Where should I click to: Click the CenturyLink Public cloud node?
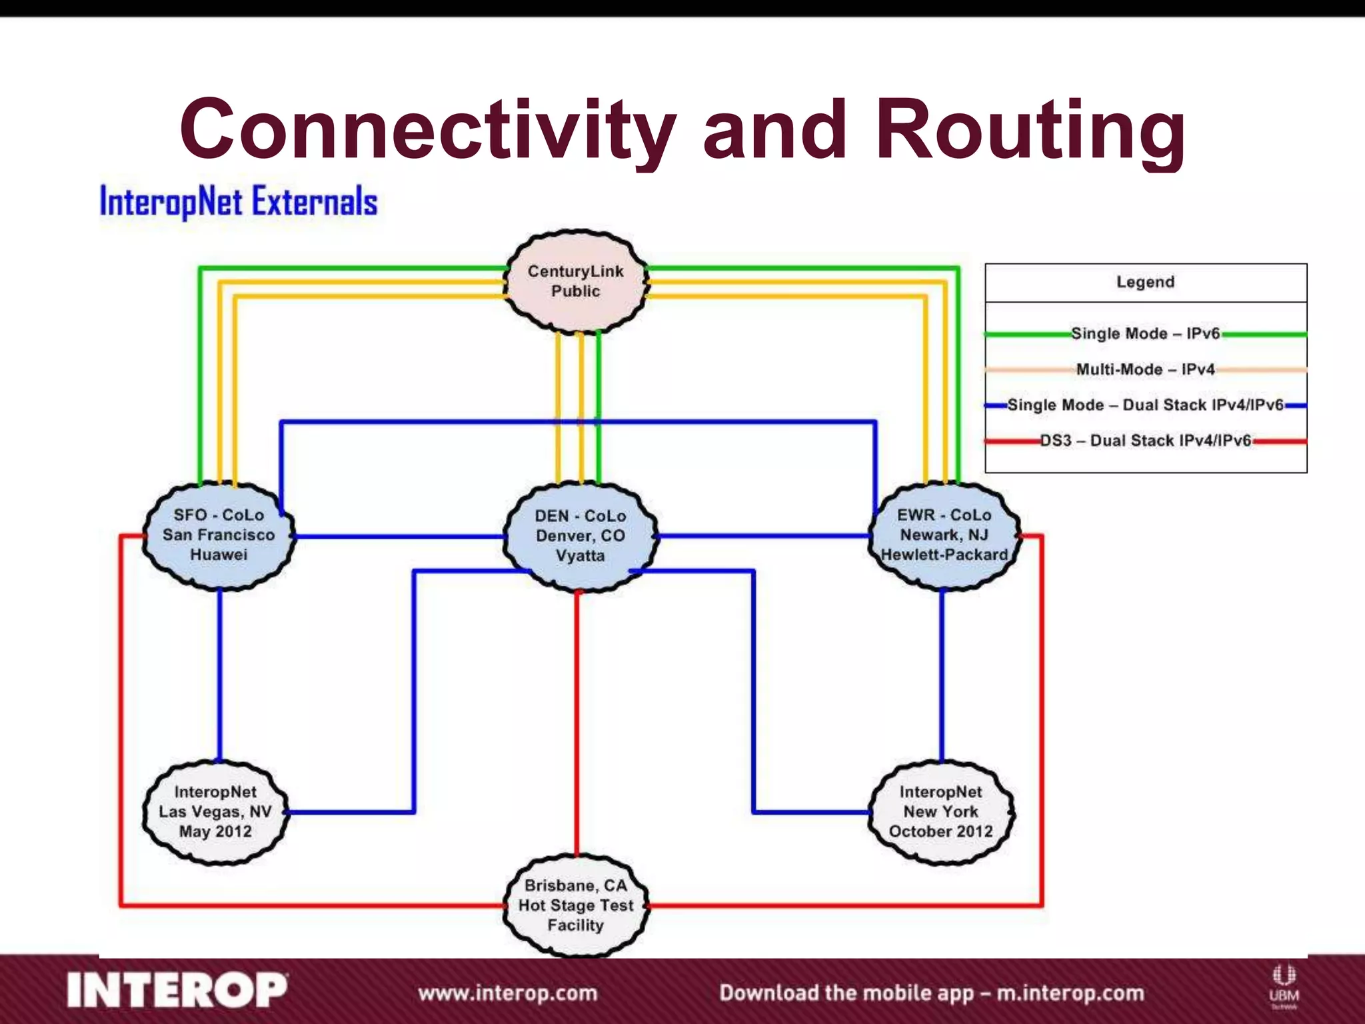pyautogui.click(x=576, y=281)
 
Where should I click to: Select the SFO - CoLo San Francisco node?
pyautogui.click(x=219, y=535)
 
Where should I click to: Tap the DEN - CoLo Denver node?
pyautogui.click(x=580, y=535)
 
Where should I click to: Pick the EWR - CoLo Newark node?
pyautogui.click(x=944, y=535)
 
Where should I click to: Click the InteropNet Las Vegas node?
pyautogui.click(x=215, y=811)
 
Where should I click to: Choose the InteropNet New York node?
pyautogui.click(x=940, y=811)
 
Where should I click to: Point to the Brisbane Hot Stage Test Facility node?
pyautogui.click(x=576, y=905)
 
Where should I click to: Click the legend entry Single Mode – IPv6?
pyautogui.click(x=1145, y=333)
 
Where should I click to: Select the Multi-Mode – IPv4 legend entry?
pyautogui.click(x=1145, y=369)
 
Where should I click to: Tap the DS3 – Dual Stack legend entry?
pyautogui.click(x=1145, y=441)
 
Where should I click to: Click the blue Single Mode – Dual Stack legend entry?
pyautogui.click(x=1145, y=405)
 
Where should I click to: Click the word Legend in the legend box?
pyautogui.click(x=1145, y=282)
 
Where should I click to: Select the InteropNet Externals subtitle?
pyautogui.click(x=239, y=201)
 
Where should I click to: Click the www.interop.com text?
pyautogui.click(x=507, y=993)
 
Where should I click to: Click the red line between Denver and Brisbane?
pyautogui.click(x=577, y=720)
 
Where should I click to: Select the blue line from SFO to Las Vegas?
pyautogui.click(x=220, y=673)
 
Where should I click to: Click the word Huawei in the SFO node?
pyautogui.click(x=219, y=555)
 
